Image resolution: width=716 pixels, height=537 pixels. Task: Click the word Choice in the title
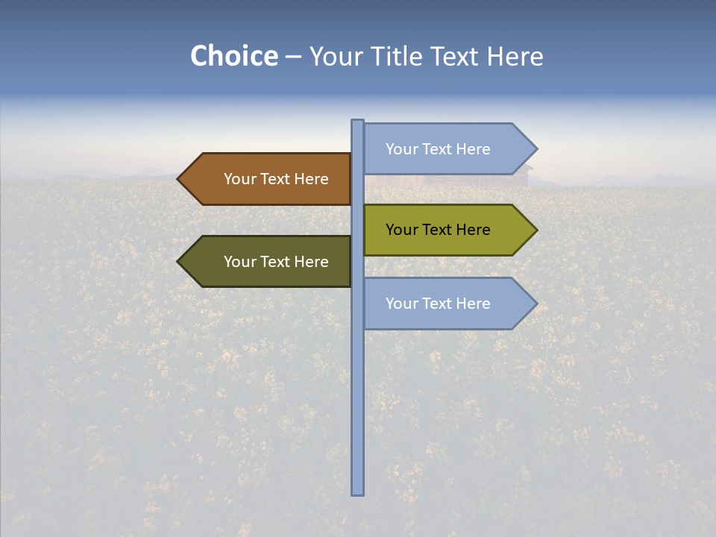pyautogui.click(x=233, y=57)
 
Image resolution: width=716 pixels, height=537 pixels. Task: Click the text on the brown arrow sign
pyautogui.click(x=276, y=179)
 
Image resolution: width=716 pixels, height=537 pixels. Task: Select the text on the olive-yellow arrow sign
pyautogui.click(x=438, y=230)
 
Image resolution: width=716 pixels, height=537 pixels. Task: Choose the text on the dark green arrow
pyautogui.click(x=276, y=262)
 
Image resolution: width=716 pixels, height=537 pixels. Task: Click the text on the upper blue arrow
pyautogui.click(x=438, y=149)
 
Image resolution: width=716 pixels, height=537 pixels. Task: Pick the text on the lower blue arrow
pyautogui.click(x=438, y=304)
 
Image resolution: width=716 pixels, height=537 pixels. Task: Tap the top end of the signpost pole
pyautogui.click(x=357, y=122)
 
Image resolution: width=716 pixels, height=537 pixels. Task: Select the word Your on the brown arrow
pyautogui.click(x=240, y=179)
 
